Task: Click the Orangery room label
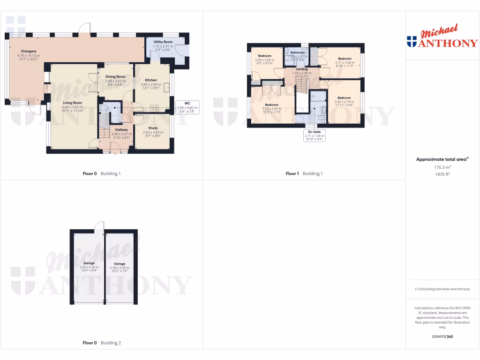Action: pos(29,51)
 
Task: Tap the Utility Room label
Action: pos(163,42)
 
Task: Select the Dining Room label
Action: pos(115,76)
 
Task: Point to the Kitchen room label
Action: pos(150,80)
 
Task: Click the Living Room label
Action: pos(72,103)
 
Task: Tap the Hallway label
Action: pos(115,129)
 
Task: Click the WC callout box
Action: pos(187,107)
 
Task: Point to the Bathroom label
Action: pos(297,52)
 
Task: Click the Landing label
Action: pos(301,69)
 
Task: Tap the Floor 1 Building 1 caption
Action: pos(304,173)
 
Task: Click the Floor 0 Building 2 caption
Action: pos(102,343)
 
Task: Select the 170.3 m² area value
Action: pos(442,167)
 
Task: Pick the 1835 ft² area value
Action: pos(442,173)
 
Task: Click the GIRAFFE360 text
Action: pos(442,337)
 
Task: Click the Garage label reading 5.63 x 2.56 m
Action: pos(89,263)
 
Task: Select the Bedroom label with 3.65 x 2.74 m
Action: pos(344,98)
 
